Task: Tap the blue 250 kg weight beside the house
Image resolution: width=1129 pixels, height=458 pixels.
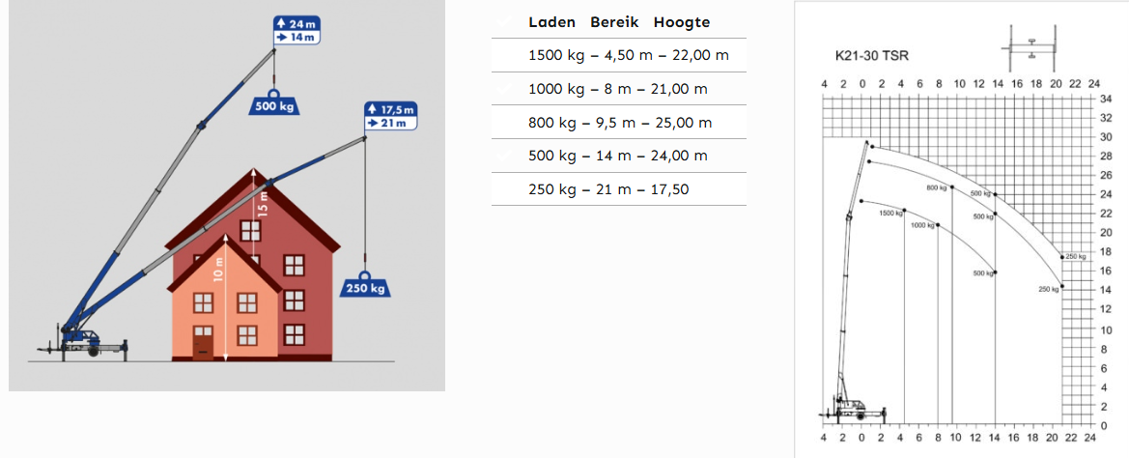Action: tap(364, 286)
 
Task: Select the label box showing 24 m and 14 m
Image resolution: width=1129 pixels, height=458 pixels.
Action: tap(296, 29)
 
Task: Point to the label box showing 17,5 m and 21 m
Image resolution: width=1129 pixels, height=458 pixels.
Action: tap(390, 116)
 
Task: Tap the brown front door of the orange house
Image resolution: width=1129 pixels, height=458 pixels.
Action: tap(203, 342)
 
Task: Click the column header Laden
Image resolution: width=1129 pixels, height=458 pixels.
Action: tap(552, 22)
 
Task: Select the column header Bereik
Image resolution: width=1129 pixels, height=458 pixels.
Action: tap(615, 22)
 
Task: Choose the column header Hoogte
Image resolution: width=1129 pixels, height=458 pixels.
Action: tap(682, 22)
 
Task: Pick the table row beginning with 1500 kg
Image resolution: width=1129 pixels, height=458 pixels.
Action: tap(628, 55)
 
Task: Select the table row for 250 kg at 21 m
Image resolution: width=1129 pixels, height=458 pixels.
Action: tap(608, 189)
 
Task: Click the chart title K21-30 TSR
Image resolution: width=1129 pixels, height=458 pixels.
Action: tap(872, 56)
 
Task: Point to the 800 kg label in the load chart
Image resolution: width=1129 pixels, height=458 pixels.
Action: tap(935, 187)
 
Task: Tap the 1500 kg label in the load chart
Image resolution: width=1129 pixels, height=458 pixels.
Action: tap(890, 213)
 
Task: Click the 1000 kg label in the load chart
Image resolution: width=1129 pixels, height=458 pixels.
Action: tap(922, 225)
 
